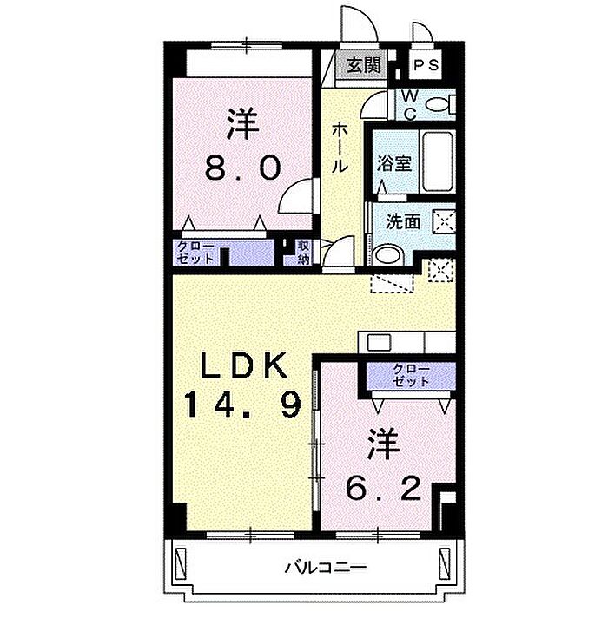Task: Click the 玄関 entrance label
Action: [x=364, y=65]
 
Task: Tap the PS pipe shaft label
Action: [x=426, y=65]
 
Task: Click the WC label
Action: [x=409, y=105]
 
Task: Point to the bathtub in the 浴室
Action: [x=438, y=162]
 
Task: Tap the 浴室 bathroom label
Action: [x=393, y=163]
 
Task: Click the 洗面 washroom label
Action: [x=403, y=221]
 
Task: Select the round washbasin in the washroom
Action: [x=388, y=254]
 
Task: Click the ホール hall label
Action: [x=340, y=148]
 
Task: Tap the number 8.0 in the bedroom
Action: [x=243, y=168]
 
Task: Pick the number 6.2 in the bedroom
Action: [x=383, y=488]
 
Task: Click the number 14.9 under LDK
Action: [x=243, y=404]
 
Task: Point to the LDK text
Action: [x=243, y=365]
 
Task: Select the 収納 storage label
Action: [x=303, y=253]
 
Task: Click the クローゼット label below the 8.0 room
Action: [x=195, y=253]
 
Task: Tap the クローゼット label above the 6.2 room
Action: [x=412, y=375]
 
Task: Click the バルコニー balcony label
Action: [x=326, y=567]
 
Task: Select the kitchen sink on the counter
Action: [x=380, y=342]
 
